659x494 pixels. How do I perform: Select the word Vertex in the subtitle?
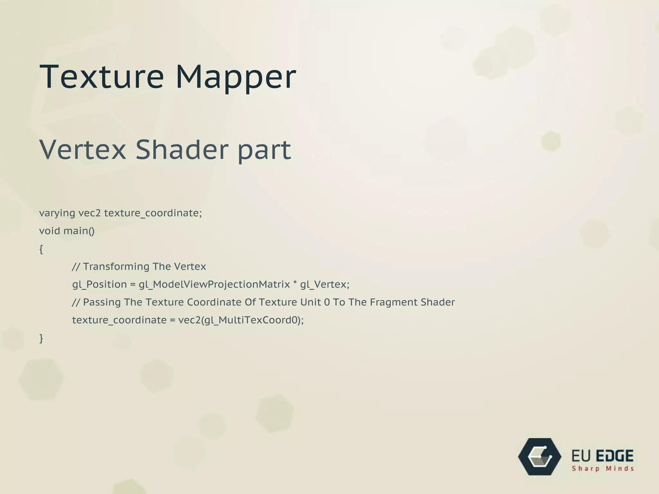coord(83,150)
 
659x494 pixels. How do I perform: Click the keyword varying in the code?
coord(57,213)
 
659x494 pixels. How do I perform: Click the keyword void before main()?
coord(50,231)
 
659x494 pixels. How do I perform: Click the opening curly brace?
coord(41,249)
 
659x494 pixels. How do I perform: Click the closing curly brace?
coord(41,338)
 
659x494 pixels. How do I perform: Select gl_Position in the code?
coord(99,285)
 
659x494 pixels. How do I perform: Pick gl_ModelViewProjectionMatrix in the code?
coord(214,285)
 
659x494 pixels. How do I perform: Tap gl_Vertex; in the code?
coord(325,285)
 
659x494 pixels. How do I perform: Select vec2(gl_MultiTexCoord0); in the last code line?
coord(241,320)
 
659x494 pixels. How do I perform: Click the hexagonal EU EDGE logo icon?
coord(540,457)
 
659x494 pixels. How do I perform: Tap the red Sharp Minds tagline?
coord(603,469)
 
